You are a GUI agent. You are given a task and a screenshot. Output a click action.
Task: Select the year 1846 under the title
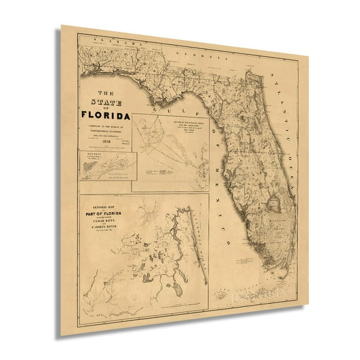click(x=104, y=141)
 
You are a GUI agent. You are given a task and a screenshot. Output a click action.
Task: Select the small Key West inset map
click(x=104, y=168)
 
